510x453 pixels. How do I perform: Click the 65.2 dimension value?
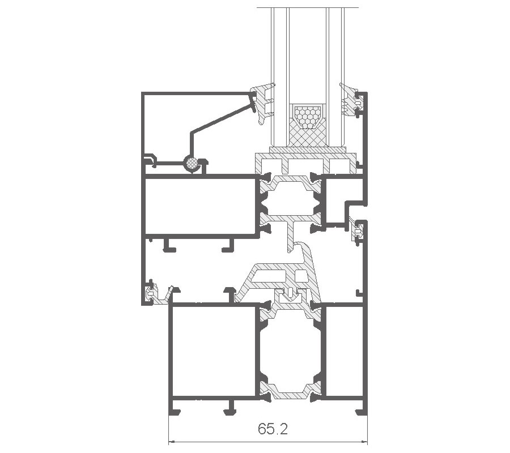(x=273, y=429)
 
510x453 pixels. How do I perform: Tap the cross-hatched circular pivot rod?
(x=191, y=163)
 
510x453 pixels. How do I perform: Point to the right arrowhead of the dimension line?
(x=364, y=442)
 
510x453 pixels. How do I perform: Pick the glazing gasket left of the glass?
(x=263, y=104)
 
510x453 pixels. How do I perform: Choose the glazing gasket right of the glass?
(x=350, y=100)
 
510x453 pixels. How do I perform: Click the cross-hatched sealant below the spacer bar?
(x=307, y=136)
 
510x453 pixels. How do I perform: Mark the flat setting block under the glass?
(x=307, y=149)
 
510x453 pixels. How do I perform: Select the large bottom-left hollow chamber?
(x=214, y=351)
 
